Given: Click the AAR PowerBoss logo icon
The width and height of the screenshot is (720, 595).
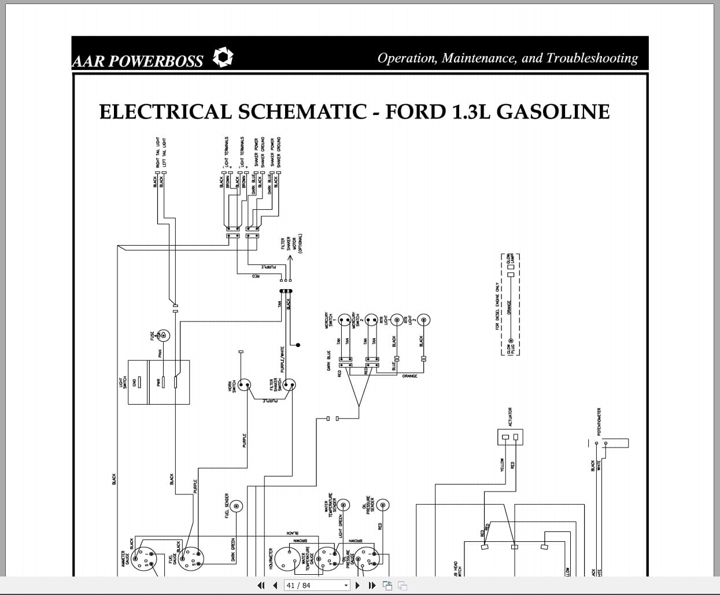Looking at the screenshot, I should [x=223, y=57].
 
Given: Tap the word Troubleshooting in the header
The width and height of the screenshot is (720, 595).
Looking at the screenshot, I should [x=592, y=58].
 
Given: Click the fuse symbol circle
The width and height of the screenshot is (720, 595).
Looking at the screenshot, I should [x=164, y=335].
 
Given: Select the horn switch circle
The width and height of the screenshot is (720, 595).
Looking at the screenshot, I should [x=245, y=385].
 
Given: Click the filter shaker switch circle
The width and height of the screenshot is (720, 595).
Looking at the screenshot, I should [x=289, y=385].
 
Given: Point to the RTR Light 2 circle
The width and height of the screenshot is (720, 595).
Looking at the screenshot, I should [x=423, y=320].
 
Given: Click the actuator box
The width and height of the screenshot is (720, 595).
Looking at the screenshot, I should [x=510, y=437].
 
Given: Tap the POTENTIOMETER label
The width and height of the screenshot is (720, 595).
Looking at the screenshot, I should [x=599, y=422].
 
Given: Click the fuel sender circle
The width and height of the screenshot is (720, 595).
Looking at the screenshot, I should [x=237, y=507].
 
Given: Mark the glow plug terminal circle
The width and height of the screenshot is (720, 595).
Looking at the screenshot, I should [x=510, y=342].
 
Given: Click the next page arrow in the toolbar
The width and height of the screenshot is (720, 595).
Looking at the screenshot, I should [x=357, y=585].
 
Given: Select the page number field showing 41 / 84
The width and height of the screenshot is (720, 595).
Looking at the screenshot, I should [x=317, y=585].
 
